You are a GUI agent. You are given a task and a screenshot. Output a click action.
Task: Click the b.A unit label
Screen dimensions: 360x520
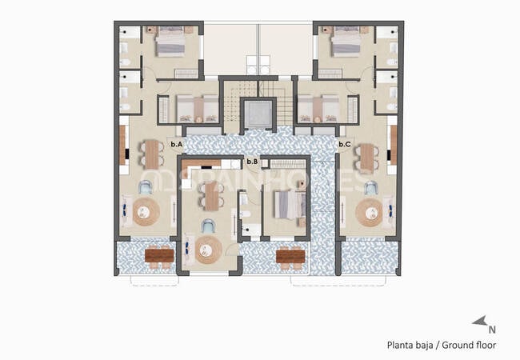[x=177, y=145]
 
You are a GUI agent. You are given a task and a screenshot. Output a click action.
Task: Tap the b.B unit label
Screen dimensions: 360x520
[x=252, y=162]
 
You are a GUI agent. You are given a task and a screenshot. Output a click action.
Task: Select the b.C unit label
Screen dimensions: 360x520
[x=344, y=145]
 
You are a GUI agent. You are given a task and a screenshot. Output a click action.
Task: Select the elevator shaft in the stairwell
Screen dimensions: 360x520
[x=258, y=115]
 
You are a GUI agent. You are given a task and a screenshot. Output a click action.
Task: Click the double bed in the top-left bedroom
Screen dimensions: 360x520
[x=170, y=42]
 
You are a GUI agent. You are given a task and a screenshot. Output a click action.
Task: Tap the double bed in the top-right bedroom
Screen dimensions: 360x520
[x=346, y=42]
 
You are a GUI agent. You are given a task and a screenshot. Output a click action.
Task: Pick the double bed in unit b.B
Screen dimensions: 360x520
[x=288, y=206]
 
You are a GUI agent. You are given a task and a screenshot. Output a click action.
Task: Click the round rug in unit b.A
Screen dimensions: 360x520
[x=147, y=212]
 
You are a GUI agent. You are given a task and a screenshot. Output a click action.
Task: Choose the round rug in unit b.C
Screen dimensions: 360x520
[x=370, y=212]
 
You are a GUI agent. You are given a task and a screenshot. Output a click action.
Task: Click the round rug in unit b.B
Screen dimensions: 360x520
[x=208, y=249]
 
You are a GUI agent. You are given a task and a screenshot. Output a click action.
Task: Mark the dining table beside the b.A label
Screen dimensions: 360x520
[x=149, y=158]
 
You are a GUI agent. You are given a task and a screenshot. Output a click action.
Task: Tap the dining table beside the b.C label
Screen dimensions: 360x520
[x=367, y=158]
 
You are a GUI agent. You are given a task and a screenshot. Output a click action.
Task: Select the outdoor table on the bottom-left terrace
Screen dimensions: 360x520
[x=158, y=256]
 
